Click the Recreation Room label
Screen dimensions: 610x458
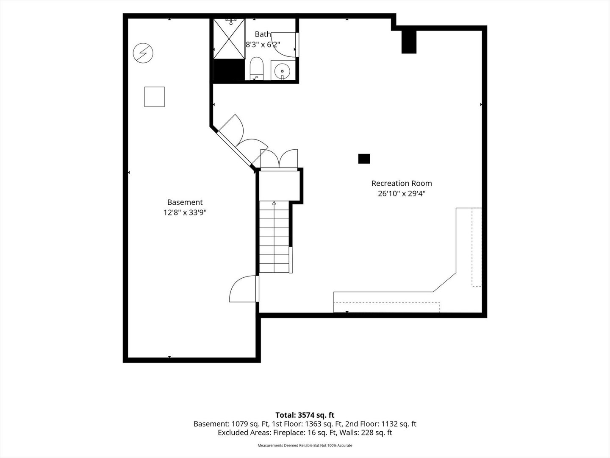click(x=402, y=184)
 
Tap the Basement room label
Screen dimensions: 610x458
click(x=185, y=202)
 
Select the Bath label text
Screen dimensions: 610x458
click(x=263, y=34)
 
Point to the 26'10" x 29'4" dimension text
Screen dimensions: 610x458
click(x=402, y=193)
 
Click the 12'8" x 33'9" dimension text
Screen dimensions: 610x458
click(x=185, y=212)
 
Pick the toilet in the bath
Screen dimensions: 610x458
click(x=256, y=68)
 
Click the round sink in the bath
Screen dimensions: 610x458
click(x=282, y=71)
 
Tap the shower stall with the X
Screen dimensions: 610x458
click(x=229, y=39)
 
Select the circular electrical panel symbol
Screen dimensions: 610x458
click(x=143, y=53)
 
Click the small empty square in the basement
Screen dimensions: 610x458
click(x=155, y=97)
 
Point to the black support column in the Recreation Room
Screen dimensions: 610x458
click(x=364, y=159)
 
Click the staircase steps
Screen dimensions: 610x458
click(x=274, y=236)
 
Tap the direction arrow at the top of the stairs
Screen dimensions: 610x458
click(x=274, y=203)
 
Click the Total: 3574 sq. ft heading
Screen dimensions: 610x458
click(x=305, y=415)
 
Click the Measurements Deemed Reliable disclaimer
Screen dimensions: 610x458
click(x=305, y=445)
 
